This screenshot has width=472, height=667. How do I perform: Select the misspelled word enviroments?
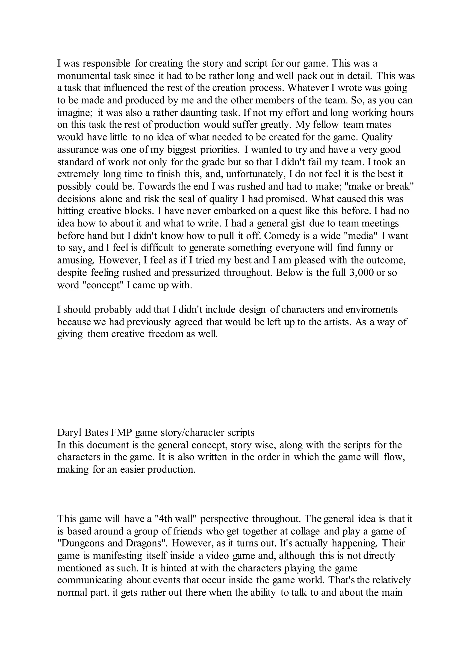click(x=372, y=310)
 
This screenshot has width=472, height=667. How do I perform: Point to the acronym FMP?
click(x=121, y=433)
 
